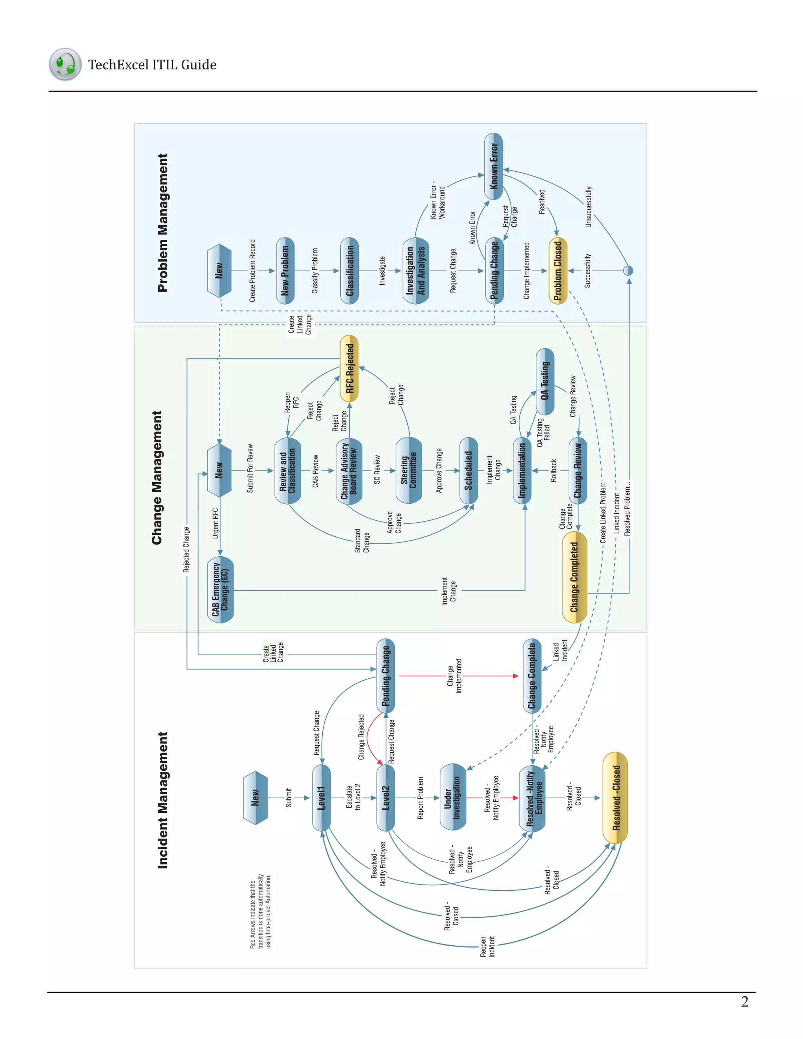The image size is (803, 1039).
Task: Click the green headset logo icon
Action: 65,64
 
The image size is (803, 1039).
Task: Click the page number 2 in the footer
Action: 745,1001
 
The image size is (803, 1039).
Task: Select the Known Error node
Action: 494,167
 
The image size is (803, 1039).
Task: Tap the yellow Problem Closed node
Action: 558,271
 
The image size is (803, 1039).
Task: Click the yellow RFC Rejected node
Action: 350,369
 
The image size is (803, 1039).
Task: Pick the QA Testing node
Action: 545,381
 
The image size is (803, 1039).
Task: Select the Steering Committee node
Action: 409,470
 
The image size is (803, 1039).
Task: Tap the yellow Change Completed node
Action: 574,577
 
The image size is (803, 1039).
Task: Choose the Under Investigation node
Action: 452,797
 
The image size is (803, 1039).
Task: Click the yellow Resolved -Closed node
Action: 615,798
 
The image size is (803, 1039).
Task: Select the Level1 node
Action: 322,798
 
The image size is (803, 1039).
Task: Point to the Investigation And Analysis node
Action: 416,271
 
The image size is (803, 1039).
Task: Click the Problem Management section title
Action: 163,223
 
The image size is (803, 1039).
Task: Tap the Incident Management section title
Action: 163,800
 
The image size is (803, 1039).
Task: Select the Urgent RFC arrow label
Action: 216,523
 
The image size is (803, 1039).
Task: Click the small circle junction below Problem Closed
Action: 629,271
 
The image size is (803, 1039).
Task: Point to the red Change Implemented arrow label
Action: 454,676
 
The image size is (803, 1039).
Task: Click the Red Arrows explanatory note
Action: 260,911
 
